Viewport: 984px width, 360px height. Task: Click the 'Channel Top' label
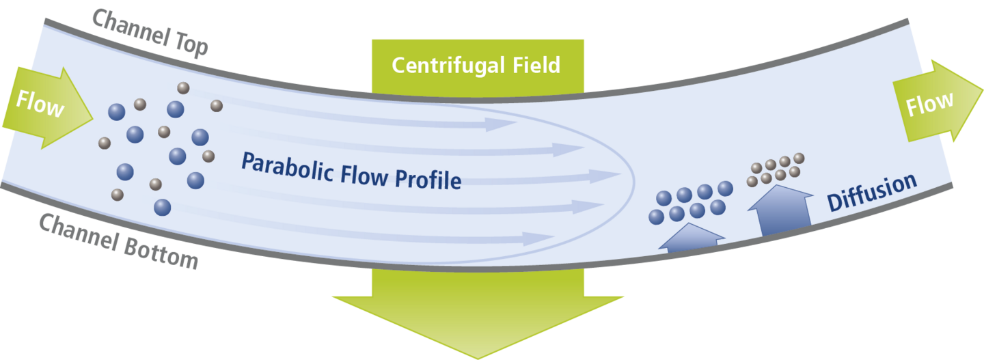tap(150, 31)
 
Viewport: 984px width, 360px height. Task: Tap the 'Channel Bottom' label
tap(117, 240)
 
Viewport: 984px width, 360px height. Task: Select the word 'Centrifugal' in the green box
tap(437, 66)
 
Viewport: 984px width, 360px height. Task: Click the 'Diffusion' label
tap(871, 193)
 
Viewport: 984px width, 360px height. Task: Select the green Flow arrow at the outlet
tap(935, 102)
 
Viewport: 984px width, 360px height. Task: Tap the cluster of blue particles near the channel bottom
tap(690, 202)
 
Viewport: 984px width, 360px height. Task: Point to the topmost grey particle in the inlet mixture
tap(183, 87)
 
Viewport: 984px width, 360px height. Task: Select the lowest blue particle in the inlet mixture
tap(163, 206)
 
